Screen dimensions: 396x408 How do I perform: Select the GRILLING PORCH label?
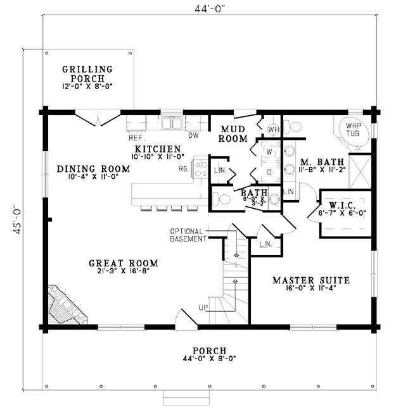click(87, 73)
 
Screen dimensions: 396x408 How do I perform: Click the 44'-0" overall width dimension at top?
click(210, 9)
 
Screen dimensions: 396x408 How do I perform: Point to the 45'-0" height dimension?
click(17, 219)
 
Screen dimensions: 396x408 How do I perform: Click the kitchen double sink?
click(172, 123)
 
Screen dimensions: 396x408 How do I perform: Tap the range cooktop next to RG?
click(200, 169)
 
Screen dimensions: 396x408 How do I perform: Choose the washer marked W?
click(269, 151)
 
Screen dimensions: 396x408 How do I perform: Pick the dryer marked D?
click(269, 171)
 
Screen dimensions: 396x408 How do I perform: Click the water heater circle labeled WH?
click(273, 129)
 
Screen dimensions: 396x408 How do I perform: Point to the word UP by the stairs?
click(203, 307)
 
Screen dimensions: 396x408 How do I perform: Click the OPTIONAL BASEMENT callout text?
click(188, 235)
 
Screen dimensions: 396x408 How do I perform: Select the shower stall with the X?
click(360, 171)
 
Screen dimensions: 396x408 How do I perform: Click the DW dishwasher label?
click(193, 135)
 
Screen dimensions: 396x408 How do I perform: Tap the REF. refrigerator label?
click(137, 138)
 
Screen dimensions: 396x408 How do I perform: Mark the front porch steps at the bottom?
click(186, 398)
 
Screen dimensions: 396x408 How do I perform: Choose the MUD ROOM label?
click(233, 133)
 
